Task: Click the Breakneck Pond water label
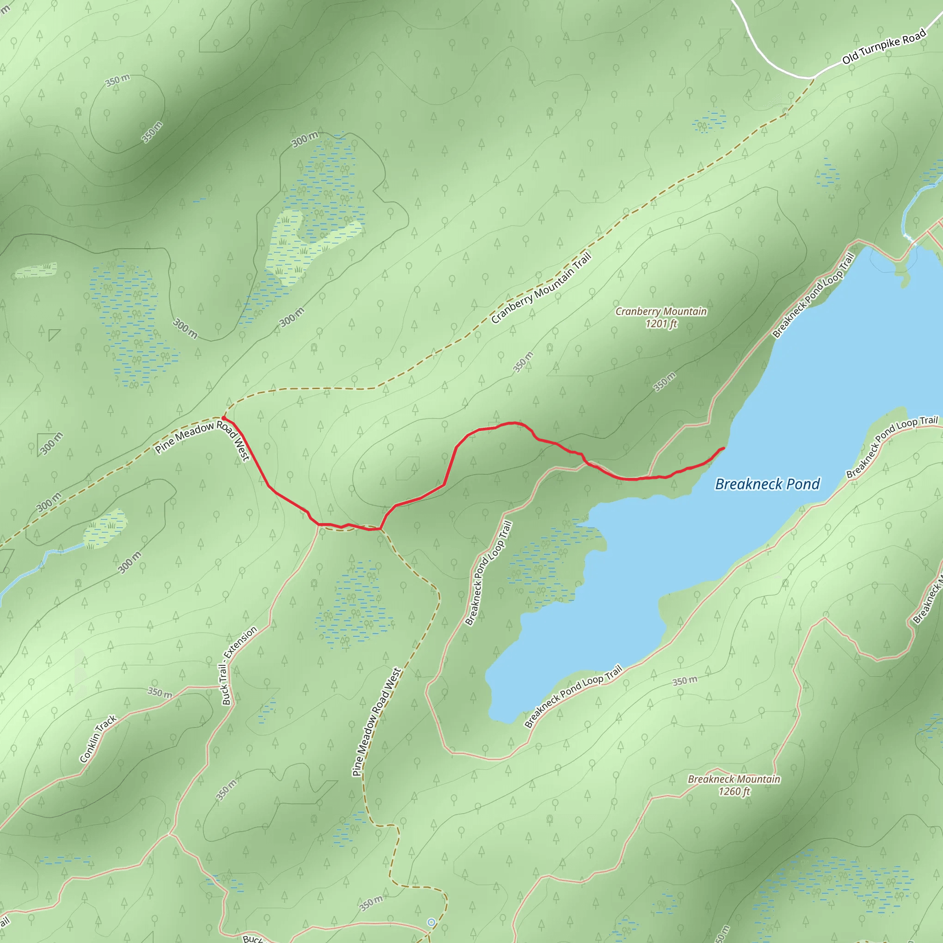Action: (x=767, y=484)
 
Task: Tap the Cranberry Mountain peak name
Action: (x=661, y=311)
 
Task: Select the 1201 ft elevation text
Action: (x=661, y=324)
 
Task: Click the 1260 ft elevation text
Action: (x=733, y=791)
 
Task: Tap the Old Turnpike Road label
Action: (x=884, y=47)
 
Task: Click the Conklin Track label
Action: (x=98, y=739)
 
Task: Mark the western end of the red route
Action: (x=223, y=418)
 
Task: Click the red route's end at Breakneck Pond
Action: (x=723, y=448)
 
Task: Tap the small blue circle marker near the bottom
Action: (x=431, y=922)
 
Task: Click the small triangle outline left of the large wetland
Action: (x=53, y=334)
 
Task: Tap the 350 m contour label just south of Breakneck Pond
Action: (x=684, y=681)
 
